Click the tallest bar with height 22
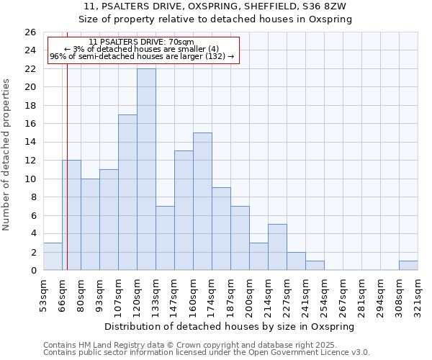coord(146,169)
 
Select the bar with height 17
coord(127,192)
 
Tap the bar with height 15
coord(202,202)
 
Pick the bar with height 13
coord(184,210)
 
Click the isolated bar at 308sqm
coord(408,266)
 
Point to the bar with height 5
coord(277,247)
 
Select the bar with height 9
coord(221,229)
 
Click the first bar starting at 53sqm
coord(53,256)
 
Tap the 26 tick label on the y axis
coord(30,32)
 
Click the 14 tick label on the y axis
coord(30,143)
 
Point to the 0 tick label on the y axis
coord(33,271)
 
